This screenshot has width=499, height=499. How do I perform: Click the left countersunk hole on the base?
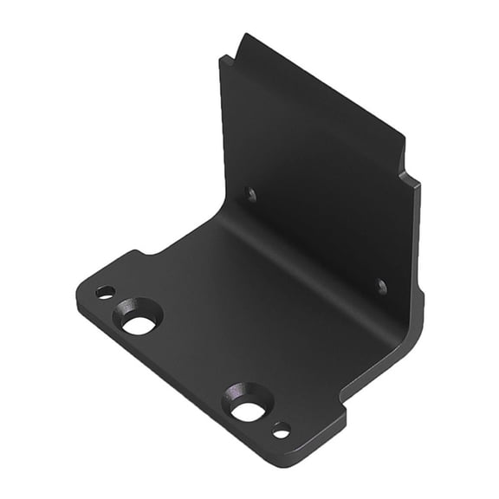[138, 322]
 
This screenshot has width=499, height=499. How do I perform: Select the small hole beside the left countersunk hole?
[105, 292]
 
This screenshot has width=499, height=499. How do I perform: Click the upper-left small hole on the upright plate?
[251, 195]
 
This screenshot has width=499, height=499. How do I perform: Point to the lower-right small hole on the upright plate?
[381, 285]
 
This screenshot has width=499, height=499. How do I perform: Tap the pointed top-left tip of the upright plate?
[245, 36]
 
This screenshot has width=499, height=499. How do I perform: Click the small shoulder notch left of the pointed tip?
[225, 59]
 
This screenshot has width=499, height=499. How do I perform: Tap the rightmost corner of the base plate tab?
[345, 418]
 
